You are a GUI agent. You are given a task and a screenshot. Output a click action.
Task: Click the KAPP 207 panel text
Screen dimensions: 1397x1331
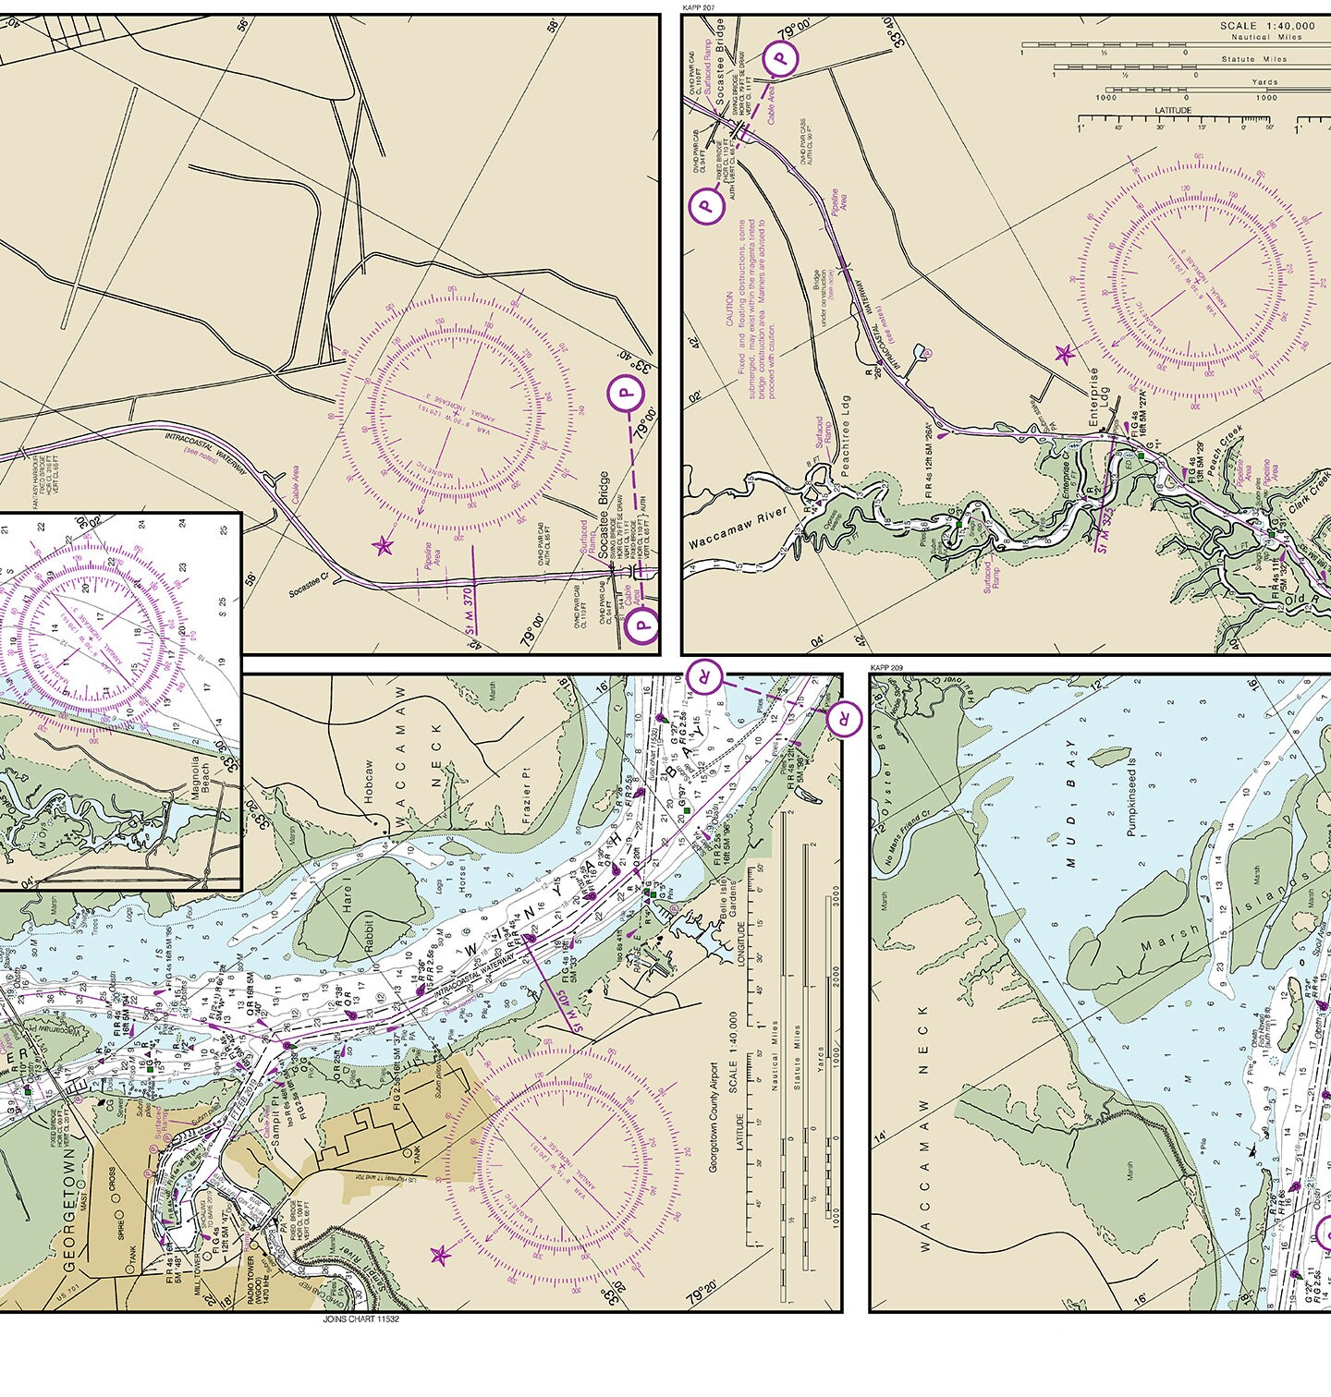699,7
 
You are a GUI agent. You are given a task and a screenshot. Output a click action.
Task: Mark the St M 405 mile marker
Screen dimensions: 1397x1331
557,997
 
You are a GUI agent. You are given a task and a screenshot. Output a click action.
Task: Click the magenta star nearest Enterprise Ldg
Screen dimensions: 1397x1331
1064,353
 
